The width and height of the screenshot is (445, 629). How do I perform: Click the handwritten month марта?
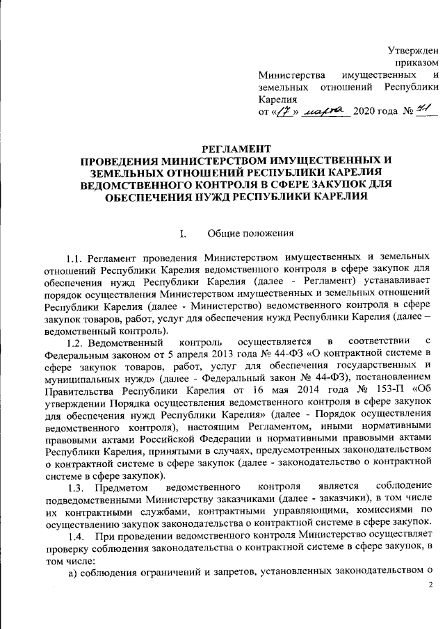click(x=323, y=111)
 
